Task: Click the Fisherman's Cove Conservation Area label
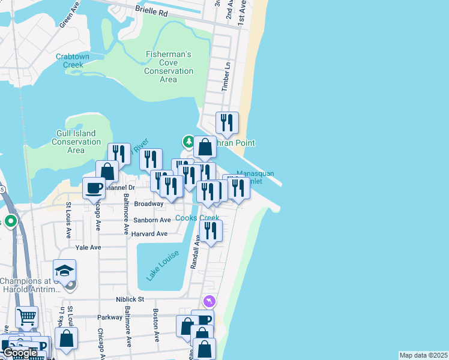(x=169, y=67)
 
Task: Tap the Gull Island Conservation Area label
(x=76, y=142)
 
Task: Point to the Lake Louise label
(x=156, y=266)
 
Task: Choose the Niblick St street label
(x=130, y=299)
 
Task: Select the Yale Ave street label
(x=88, y=247)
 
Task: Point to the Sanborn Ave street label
(x=152, y=220)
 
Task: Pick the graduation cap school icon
(x=65, y=270)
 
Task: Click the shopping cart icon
(x=26, y=317)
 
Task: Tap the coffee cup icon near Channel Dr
(x=94, y=188)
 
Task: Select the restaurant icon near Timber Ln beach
(x=227, y=123)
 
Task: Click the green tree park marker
(x=188, y=142)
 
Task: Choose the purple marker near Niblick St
(x=209, y=301)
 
